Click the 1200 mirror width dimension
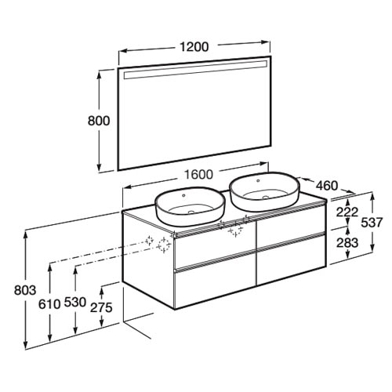(194, 47)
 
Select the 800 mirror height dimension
(99, 121)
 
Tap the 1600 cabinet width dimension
(198, 174)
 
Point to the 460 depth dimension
(327, 186)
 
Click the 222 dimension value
(347, 212)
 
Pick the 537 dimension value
(372, 223)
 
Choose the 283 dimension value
(347, 243)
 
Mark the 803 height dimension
(25, 290)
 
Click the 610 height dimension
(49, 304)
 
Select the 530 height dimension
(75, 303)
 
